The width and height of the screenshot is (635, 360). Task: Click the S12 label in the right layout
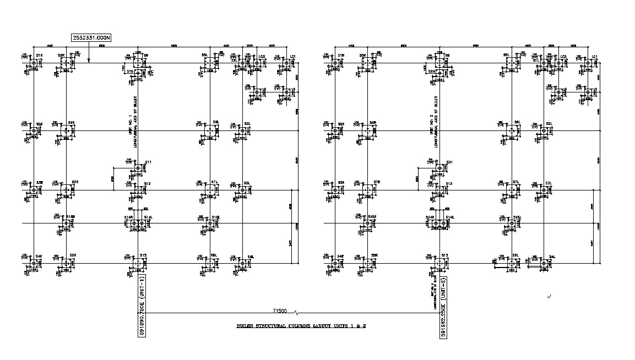(x=449, y=184)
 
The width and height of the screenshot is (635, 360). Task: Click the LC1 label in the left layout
(x=294, y=56)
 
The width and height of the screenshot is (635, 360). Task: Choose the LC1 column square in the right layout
(x=589, y=63)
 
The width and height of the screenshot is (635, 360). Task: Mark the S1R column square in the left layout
(x=34, y=63)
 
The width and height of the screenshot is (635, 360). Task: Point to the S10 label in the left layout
(x=130, y=72)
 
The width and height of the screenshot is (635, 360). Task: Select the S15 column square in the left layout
(x=138, y=264)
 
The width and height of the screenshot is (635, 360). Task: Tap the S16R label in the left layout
(x=70, y=217)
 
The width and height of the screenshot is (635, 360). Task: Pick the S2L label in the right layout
(x=549, y=123)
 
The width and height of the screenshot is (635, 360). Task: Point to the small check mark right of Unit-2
(x=550, y=297)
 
